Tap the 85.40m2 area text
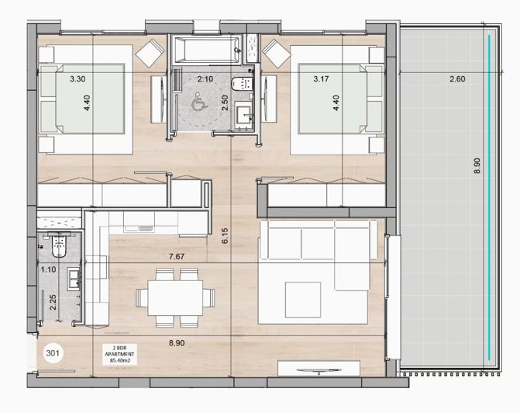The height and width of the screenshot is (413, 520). tap(120, 359)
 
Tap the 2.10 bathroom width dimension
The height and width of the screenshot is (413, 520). tap(205, 79)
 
